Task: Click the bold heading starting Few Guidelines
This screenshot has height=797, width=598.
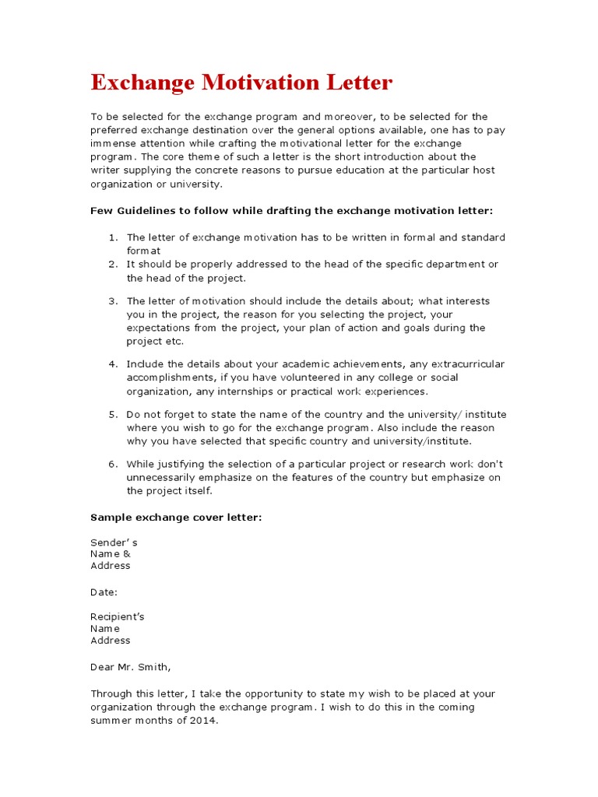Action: pyautogui.click(x=291, y=211)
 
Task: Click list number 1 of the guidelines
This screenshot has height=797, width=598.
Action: pyautogui.click(x=112, y=237)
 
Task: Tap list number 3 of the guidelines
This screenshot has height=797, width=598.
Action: pyautogui.click(x=112, y=301)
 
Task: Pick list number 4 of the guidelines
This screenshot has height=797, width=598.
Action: pyautogui.click(x=112, y=364)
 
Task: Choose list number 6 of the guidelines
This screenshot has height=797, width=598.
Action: pyautogui.click(x=112, y=465)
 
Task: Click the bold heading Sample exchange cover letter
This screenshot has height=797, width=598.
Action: pyautogui.click(x=176, y=518)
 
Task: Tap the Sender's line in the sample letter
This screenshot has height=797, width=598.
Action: pyautogui.click(x=114, y=542)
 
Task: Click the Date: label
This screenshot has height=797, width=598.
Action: pyautogui.click(x=104, y=592)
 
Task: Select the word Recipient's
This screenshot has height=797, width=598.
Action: pyautogui.click(x=118, y=616)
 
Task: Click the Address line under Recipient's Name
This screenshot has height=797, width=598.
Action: pyautogui.click(x=111, y=641)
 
